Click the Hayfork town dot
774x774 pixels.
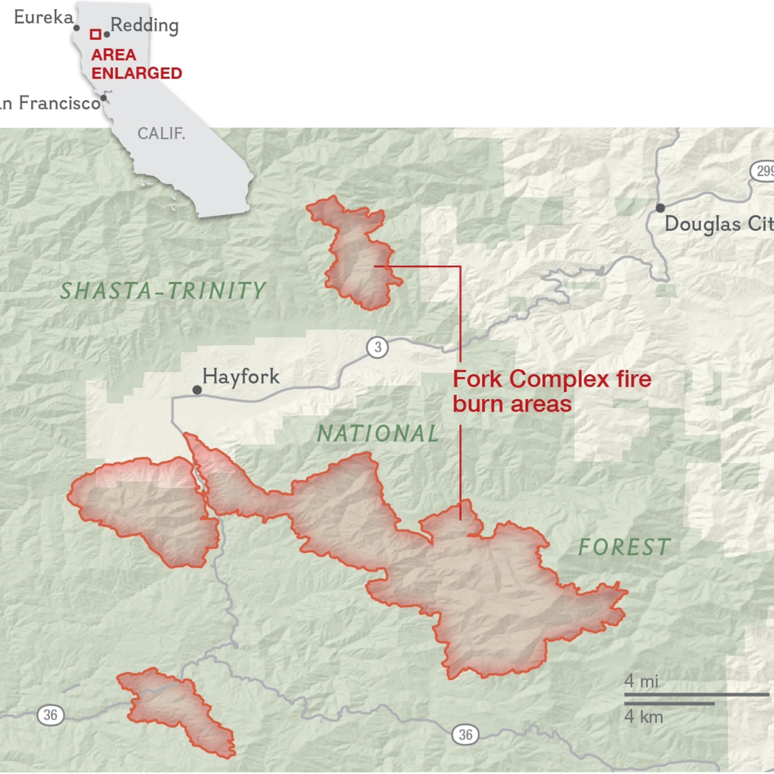point(197,390)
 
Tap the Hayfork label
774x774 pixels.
point(241,376)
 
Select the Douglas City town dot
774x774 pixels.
point(660,208)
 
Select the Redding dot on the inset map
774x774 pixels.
point(107,35)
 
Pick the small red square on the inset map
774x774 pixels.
point(95,34)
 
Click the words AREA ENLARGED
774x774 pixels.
point(136,64)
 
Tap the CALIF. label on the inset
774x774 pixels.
point(161,133)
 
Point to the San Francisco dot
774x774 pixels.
point(103,98)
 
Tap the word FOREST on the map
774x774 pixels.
point(624,547)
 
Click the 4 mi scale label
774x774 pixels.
point(641,681)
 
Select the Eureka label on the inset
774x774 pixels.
point(44,17)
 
